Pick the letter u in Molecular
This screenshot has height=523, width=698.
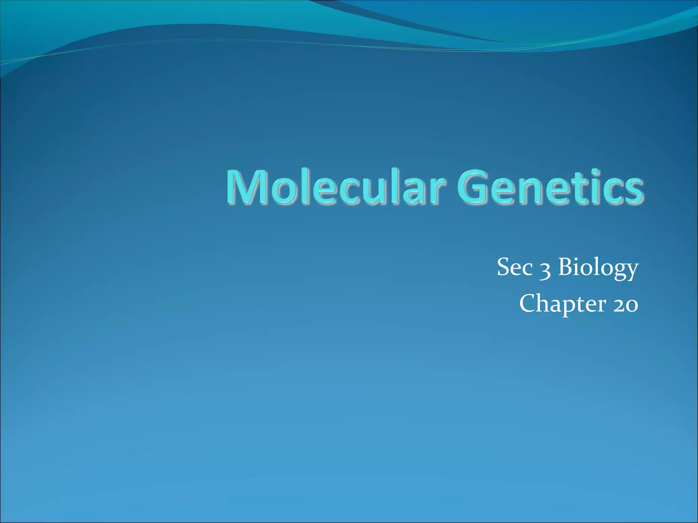pos(368,191)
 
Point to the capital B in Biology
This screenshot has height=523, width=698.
pos(566,267)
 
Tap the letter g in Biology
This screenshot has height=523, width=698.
pos(616,271)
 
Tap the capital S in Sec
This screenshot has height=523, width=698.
pos(504,267)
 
